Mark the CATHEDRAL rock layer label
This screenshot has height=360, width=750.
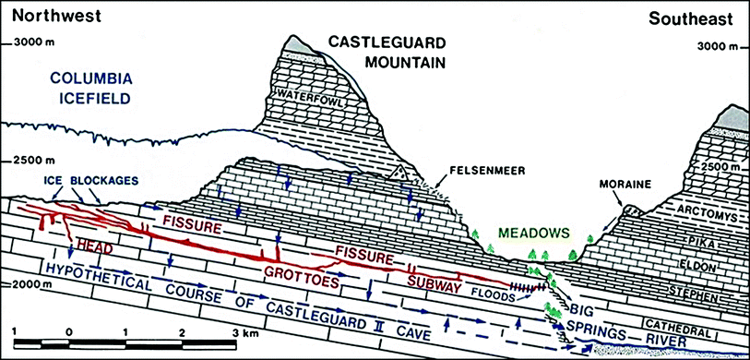tap(704, 330)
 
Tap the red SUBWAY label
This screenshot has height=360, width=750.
tap(435, 286)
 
